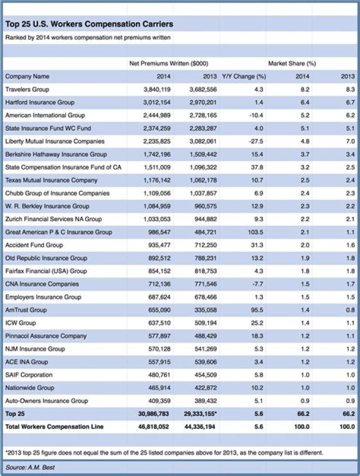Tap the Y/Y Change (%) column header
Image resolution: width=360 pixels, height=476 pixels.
click(243, 77)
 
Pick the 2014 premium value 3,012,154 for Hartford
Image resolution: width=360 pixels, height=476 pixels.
click(157, 103)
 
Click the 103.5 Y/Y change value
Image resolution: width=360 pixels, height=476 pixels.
click(255, 232)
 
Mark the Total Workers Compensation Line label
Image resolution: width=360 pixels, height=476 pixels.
click(53, 427)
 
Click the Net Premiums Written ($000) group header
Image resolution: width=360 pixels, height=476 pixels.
click(168, 64)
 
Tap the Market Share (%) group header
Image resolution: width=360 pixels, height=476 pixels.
click(292, 64)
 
